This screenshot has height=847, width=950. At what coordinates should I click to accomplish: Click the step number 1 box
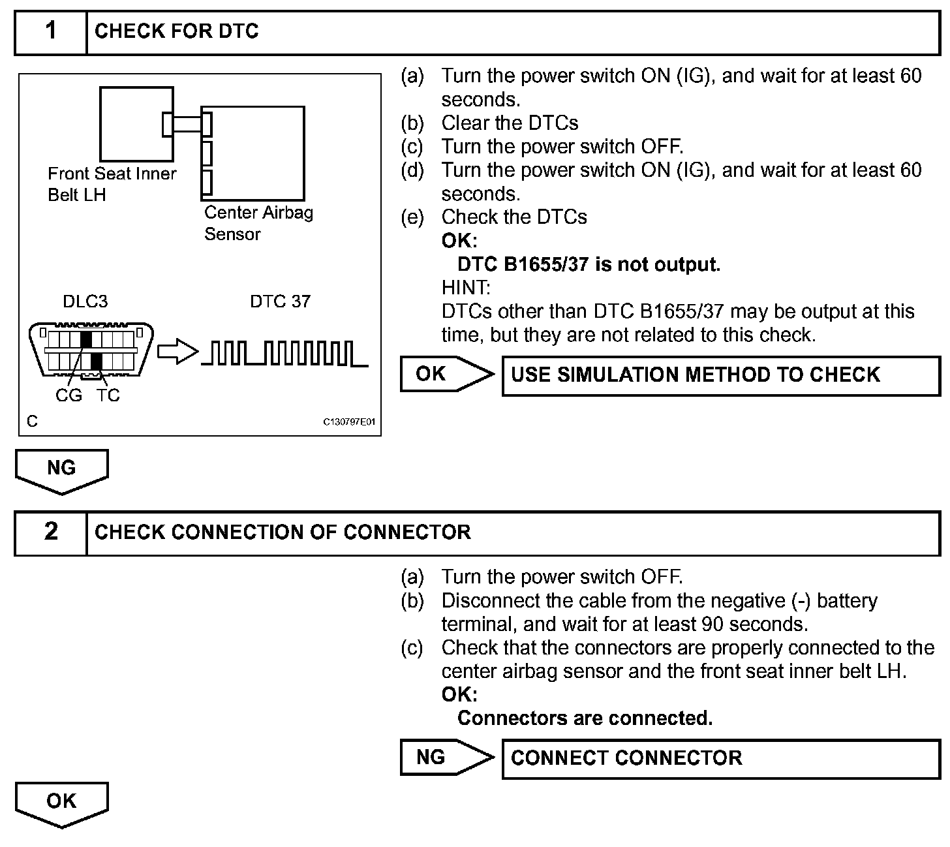[x=51, y=31]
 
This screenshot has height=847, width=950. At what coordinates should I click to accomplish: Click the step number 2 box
[x=51, y=532]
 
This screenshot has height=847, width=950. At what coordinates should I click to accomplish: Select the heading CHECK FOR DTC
[x=176, y=31]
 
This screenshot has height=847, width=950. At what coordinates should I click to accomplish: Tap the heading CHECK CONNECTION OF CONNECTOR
[x=282, y=532]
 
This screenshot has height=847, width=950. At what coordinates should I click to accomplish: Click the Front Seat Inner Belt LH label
[x=112, y=184]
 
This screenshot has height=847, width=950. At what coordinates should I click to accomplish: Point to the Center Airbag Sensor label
[x=258, y=223]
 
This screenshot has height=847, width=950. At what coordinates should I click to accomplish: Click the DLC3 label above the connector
[x=85, y=301]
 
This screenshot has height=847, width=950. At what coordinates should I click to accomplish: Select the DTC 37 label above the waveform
[x=280, y=301]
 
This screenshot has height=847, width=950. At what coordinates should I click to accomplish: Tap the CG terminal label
[x=69, y=395]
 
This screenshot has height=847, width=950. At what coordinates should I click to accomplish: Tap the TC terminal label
[x=108, y=395]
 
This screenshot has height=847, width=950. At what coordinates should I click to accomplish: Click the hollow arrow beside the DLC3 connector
[x=177, y=352]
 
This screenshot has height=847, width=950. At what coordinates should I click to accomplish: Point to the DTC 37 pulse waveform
[x=284, y=354]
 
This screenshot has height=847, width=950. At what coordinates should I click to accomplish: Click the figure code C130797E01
[x=350, y=422]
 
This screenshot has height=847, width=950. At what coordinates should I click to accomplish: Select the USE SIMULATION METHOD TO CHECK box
[x=720, y=375]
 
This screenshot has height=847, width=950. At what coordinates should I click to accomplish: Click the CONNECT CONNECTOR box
[x=720, y=758]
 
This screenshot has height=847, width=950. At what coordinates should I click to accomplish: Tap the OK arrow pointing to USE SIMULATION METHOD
[x=446, y=374]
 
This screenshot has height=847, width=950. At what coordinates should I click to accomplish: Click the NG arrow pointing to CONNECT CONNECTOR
[x=446, y=757]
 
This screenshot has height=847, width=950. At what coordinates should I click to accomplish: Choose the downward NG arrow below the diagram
[x=61, y=470]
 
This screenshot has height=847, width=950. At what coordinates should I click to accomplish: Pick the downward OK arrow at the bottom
[x=61, y=803]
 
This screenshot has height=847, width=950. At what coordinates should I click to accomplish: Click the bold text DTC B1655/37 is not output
[x=589, y=264]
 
